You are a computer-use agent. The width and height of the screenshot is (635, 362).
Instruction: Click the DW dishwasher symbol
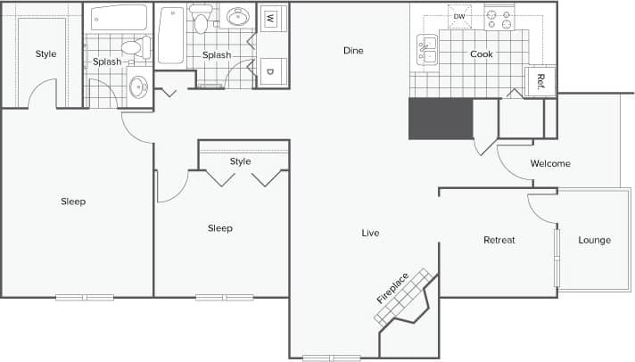click(459, 17)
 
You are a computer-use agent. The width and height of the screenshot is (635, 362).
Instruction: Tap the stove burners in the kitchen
click(500, 17)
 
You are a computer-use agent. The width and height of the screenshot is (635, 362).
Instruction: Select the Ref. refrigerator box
click(541, 81)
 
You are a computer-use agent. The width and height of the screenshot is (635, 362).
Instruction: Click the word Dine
click(353, 51)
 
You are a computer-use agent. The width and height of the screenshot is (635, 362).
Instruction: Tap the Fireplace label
click(392, 287)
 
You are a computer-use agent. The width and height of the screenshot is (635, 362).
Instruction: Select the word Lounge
click(594, 240)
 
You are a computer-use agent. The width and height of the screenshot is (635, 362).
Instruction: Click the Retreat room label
click(499, 240)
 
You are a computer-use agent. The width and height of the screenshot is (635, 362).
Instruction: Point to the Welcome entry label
click(550, 164)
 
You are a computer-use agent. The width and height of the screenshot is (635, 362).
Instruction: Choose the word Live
click(370, 234)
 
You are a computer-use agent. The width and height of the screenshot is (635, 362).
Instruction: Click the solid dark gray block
click(440, 119)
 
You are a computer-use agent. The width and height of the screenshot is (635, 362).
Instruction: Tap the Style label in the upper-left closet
click(45, 54)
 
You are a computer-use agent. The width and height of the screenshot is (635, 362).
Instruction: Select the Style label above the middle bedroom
click(240, 161)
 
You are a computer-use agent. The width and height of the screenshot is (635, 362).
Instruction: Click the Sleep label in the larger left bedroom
click(73, 202)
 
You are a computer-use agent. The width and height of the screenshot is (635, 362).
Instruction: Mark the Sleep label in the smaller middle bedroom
click(219, 228)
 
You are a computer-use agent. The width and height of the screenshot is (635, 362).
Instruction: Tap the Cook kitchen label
click(482, 54)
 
